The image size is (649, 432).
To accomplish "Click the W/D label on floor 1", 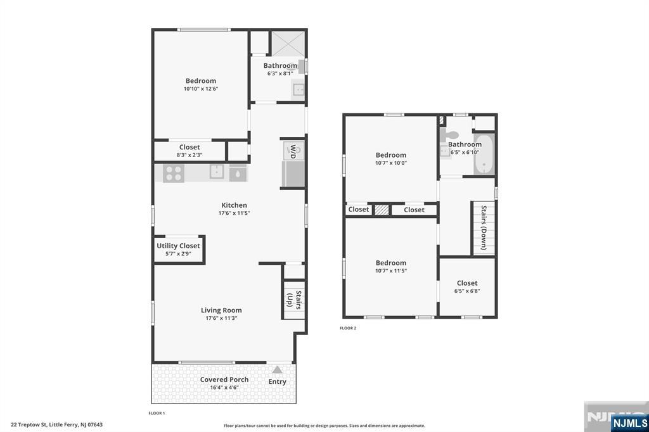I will click(x=293, y=151).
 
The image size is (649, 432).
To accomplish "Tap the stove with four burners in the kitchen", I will click(x=174, y=173).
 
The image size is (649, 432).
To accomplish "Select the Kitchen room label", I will click(x=234, y=205).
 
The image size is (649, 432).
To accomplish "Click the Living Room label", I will click(x=221, y=310).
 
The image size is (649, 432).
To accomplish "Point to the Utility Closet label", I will click(x=178, y=246).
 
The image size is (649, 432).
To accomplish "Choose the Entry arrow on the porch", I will click(x=277, y=370).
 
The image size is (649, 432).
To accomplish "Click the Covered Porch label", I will click(x=224, y=380).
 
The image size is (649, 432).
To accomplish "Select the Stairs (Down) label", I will click(x=484, y=227).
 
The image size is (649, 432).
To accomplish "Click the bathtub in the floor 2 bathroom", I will click(x=484, y=154).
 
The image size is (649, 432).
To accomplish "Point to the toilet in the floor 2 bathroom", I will click(x=451, y=136).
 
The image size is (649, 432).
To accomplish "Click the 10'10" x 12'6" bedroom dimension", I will click(x=200, y=89).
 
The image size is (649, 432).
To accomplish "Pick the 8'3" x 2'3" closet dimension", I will click(x=190, y=155).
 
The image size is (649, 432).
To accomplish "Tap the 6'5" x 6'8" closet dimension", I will click(x=467, y=291).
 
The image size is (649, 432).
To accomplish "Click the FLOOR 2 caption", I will click(x=348, y=328).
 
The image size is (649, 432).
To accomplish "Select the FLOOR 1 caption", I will click(x=156, y=414).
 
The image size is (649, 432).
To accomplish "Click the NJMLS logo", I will click(x=629, y=422).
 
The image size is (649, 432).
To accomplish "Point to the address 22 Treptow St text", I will click(x=56, y=425).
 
